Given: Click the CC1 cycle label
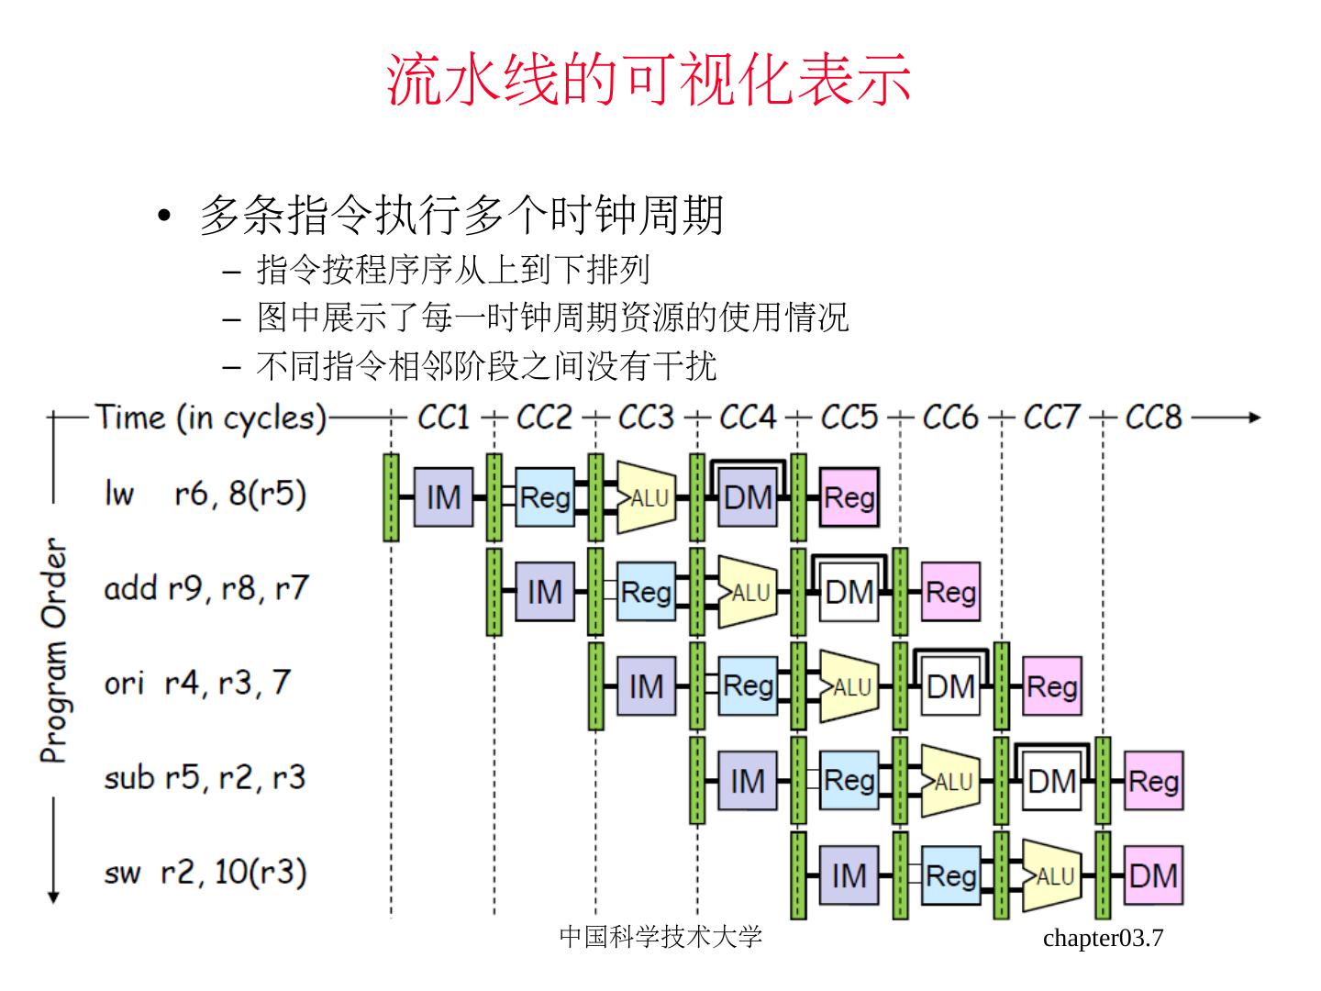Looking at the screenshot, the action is pos(443,417).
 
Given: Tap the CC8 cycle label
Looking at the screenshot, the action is pos(1154,417).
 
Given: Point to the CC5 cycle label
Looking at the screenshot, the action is pos(849,417).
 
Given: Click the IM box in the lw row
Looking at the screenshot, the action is pos(443,497).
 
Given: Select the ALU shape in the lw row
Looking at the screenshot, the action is pos(647,497).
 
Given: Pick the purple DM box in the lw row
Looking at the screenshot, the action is pos(748,497).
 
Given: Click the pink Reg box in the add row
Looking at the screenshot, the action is pos(951,592).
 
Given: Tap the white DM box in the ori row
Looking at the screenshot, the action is pos(951,686).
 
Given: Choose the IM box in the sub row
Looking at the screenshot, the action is pos(748,780).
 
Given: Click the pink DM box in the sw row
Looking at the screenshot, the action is pos(1154,875).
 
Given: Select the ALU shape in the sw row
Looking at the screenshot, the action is pos(1052,875).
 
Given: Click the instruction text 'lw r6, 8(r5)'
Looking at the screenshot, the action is pos(205,495).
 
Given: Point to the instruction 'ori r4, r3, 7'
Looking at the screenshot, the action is pos(197,684).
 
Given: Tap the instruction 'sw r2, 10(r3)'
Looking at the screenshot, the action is pos(205,873).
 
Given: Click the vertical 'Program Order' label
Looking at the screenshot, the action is pos(54,651).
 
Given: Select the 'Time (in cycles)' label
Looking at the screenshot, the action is pos(211,418).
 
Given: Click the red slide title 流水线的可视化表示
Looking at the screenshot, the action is pos(649,79).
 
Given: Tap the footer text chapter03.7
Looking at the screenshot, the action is pos(1104,938).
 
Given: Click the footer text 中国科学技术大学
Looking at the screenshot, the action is pos(660,937).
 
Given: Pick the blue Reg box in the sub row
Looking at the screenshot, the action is pos(849,780).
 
